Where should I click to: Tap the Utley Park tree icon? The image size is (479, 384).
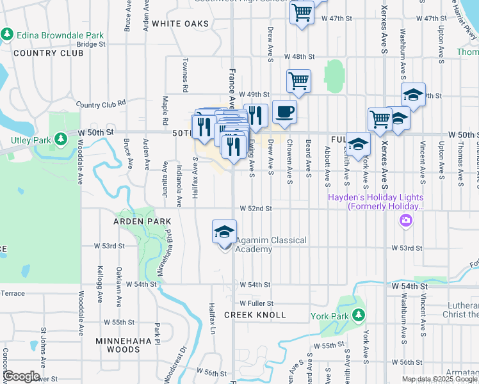60,138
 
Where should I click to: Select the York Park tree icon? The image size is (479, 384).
359,315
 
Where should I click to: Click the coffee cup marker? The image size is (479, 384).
284,112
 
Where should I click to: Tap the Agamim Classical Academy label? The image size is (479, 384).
271,244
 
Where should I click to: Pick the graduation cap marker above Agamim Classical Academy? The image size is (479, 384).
224,232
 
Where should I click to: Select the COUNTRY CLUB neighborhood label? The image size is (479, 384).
48,53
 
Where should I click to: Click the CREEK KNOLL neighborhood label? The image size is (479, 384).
249,315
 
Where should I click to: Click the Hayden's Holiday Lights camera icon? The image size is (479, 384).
405,221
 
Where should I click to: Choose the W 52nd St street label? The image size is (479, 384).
256,209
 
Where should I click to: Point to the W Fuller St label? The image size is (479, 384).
257,303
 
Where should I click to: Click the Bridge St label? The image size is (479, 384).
91,45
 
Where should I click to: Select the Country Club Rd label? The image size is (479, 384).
101,104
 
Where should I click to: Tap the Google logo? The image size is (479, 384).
21,376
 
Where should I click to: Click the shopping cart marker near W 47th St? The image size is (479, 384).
301,12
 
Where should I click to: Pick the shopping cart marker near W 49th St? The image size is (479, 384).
298,81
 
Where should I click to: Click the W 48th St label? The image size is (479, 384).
300,57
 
